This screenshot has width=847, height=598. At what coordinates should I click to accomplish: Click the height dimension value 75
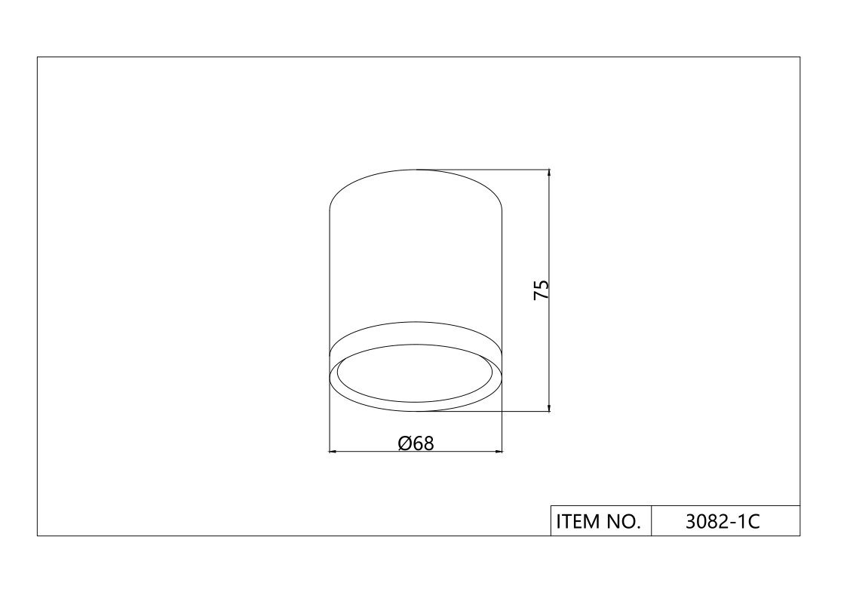click(542, 290)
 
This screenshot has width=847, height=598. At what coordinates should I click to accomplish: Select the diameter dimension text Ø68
click(416, 443)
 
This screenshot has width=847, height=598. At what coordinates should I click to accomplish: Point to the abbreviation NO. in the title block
click(624, 522)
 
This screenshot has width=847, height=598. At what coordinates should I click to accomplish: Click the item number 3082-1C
click(723, 522)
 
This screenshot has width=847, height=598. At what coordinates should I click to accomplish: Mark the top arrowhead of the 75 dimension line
click(549, 173)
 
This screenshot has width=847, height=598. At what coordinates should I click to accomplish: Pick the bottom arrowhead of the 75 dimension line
click(549, 407)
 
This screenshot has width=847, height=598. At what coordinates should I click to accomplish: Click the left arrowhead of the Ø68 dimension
click(333, 451)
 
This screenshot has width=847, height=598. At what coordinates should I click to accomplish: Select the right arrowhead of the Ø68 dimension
click(498, 451)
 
